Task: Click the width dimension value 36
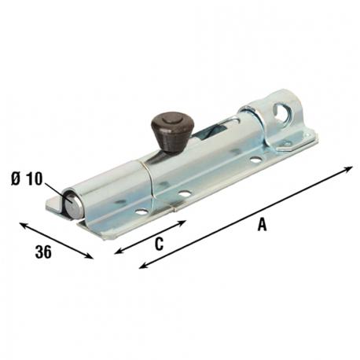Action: (x=45, y=253)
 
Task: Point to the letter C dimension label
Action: (x=157, y=244)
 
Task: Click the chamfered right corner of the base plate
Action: (x=311, y=141)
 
